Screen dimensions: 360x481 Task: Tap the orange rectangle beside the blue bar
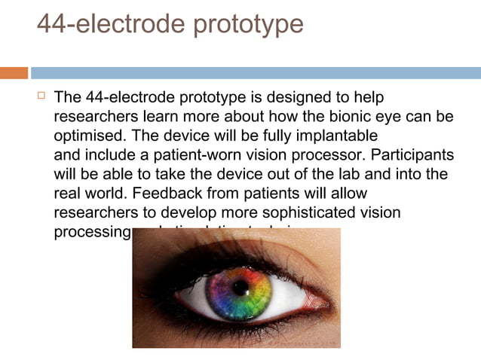point(14,73)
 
